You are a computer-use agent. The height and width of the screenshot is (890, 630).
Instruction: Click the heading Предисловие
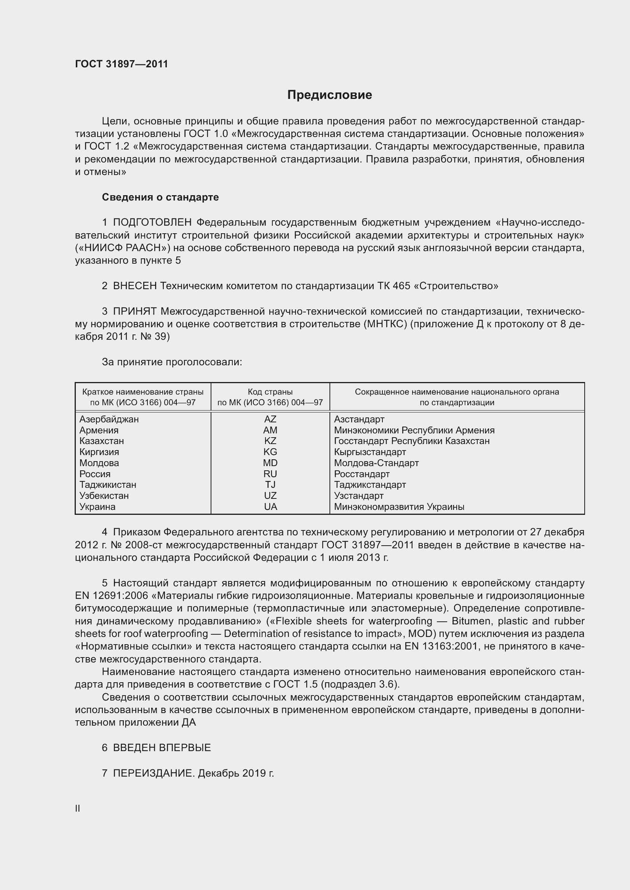329,95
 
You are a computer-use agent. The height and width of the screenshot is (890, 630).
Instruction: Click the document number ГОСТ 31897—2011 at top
122,64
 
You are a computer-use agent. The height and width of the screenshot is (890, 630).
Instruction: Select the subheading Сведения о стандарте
160,197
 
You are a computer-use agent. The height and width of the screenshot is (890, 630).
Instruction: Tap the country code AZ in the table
270,419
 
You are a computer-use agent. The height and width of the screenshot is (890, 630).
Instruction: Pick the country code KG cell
270,452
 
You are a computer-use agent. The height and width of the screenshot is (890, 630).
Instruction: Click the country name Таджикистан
108,484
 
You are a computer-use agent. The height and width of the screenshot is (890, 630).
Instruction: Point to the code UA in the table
270,506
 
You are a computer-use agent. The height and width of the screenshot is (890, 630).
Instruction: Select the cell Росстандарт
361,474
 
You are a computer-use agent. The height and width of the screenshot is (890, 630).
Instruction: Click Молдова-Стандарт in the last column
376,463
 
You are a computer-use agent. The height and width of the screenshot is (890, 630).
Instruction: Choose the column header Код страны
270,392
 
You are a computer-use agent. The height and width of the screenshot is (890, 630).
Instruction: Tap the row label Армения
99,430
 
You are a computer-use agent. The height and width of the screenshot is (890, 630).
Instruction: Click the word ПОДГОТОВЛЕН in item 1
152,223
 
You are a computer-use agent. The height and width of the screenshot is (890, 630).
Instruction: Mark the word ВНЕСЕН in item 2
134,286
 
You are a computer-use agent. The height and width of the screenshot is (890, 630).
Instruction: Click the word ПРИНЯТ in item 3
134,312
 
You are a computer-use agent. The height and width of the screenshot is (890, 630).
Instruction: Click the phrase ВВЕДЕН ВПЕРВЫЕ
162,748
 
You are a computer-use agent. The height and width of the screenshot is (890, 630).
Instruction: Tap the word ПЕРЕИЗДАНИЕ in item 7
153,773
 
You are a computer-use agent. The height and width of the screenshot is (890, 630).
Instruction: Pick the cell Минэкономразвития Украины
399,506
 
